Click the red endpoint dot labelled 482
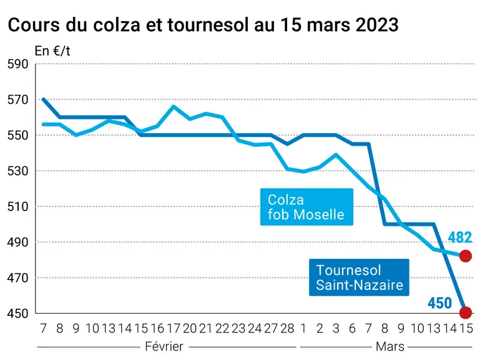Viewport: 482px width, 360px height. pos(465,256)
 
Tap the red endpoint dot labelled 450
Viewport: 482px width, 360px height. pos(465,312)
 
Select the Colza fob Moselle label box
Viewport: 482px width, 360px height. pos(307,207)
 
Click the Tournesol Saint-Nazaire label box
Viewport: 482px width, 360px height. pos(359,277)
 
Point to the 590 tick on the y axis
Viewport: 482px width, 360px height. pos(18,64)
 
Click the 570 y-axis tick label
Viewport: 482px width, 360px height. pos(18,100)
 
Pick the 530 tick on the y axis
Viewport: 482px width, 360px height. pos(18,171)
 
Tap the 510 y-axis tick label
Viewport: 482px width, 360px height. pos(18,206)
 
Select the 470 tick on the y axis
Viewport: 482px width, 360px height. pos(18,278)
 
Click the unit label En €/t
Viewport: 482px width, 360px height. pos(52,51)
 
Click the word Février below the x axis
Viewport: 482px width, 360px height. pos(164,346)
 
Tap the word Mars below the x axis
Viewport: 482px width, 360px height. pos(390,347)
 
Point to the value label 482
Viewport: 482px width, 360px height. pos(460,237)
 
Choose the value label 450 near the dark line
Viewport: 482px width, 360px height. pos(440,303)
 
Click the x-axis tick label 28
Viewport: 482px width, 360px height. pos(287,329)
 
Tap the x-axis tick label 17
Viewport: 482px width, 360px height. pos(174,329)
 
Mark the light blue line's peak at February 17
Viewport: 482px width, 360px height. pos(174,106)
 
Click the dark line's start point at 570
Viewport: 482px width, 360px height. pos(43,99)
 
